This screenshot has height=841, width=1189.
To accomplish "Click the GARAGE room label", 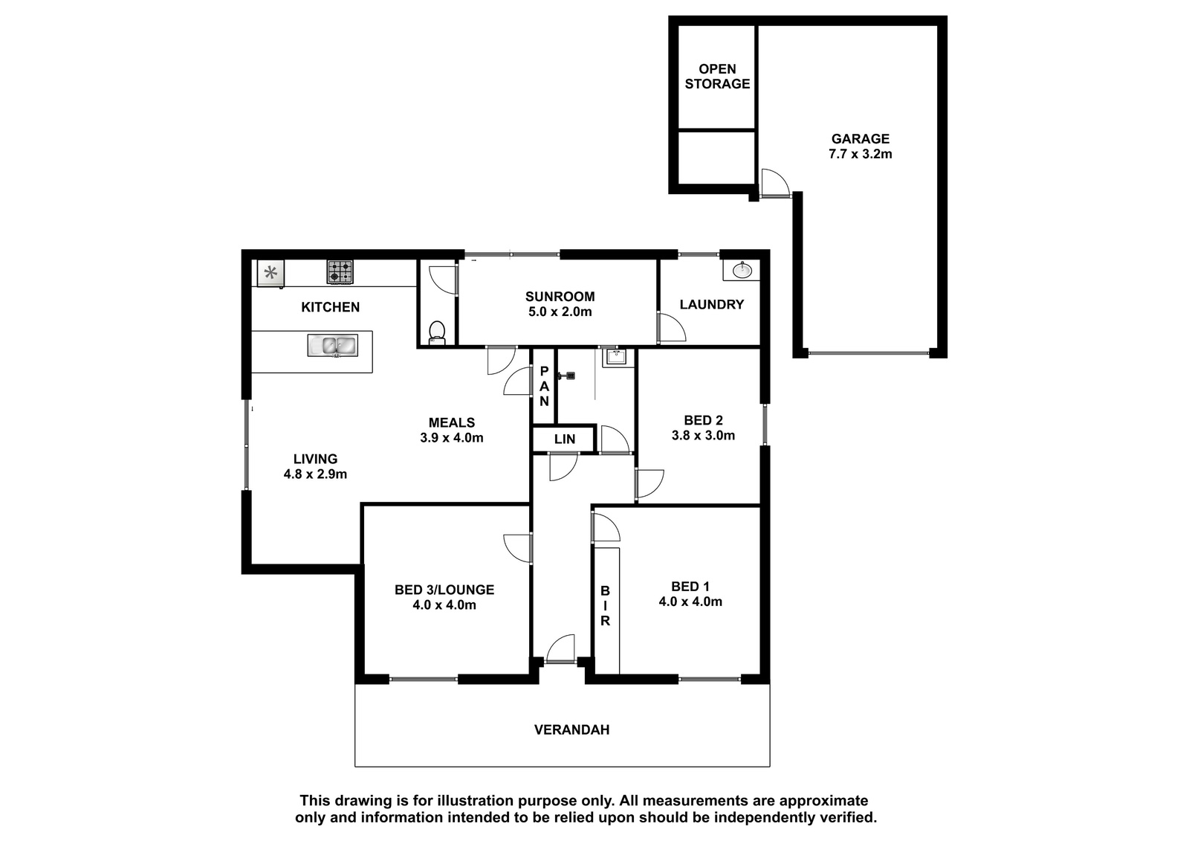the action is tap(860, 138).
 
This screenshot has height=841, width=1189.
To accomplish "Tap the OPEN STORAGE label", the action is tap(717, 77).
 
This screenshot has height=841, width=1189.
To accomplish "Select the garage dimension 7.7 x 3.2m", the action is tap(860, 154).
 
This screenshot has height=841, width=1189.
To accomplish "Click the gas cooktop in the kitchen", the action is tap(340, 271).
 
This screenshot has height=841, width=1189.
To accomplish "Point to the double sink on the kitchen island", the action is tap(333, 346).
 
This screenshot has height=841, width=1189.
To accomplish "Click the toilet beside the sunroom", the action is tap(437, 332).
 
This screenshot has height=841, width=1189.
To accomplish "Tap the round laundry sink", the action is tap(742, 271).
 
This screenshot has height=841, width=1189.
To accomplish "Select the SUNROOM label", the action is tap(560, 297).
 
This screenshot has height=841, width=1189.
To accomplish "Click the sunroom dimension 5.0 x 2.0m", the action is tap(560, 312).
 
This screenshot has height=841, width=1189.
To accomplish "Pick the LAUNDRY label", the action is tap(712, 304).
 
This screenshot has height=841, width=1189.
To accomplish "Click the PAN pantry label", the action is tap(544, 386).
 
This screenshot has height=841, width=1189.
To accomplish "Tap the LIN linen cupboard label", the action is tap(564, 439).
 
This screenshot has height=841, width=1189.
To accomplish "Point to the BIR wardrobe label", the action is tap(605, 605).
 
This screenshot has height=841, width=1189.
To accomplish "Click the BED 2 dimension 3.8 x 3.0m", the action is tap(703, 436).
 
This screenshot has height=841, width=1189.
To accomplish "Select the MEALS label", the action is tap(452, 423).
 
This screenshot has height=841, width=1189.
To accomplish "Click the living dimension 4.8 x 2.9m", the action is tap(315, 474).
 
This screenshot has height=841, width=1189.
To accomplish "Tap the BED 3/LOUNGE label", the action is tap(444, 590).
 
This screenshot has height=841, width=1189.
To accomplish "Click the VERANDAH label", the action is tap(571, 730).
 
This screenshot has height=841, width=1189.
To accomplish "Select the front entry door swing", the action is tap(560, 649).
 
